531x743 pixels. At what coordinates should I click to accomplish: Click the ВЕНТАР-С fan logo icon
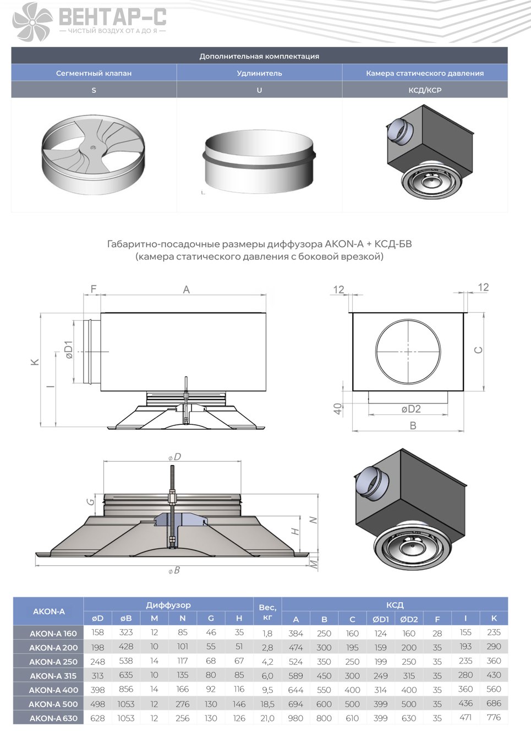[x=33, y=21]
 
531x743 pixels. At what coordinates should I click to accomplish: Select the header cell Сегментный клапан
[x=94, y=73]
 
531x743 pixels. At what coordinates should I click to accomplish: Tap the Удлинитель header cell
[x=259, y=73]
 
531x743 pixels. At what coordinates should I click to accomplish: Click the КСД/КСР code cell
[x=425, y=90]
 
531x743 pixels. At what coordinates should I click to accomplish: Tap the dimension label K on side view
[x=35, y=362]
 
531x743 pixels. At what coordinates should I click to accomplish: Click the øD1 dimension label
[x=69, y=349]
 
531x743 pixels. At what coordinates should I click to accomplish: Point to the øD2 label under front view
[x=411, y=408]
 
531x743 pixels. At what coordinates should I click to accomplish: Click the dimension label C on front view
[x=479, y=350]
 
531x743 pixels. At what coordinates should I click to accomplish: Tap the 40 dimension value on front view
[x=338, y=408]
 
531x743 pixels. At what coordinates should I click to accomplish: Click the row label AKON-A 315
[x=53, y=676]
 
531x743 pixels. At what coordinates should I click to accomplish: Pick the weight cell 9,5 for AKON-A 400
[x=267, y=690]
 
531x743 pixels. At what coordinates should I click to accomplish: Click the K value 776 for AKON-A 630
[x=494, y=718]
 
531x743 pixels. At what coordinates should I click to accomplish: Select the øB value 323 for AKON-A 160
[x=126, y=632]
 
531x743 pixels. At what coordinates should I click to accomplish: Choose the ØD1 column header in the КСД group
[x=380, y=619]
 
